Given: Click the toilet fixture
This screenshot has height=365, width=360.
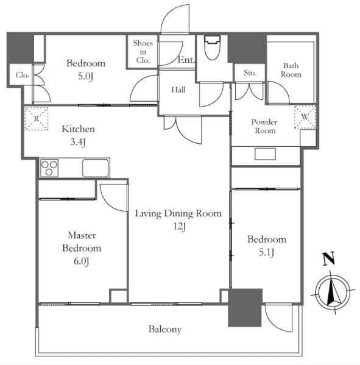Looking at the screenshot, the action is pyautogui.click(x=212, y=47).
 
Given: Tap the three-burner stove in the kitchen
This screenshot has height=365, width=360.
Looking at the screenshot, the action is pyautogui.click(x=49, y=168).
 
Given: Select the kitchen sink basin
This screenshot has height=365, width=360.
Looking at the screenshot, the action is pyautogui.click(x=96, y=168).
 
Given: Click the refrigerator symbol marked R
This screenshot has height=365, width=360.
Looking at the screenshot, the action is pyautogui.click(x=37, y=118).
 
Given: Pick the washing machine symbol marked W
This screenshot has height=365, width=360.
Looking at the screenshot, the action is pyautogui.click(x=305, y=116).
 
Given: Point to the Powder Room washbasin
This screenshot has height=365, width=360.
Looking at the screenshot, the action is pyautogui.click(x=265, y=154).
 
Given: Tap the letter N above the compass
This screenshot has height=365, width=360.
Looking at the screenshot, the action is pyautogui.click(x=329, y=258).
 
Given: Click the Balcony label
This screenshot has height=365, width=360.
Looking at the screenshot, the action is pyautogui.click(x=164, y=330).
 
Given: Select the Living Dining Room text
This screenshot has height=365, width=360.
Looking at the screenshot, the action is pyautogui.click(x=178, y=214).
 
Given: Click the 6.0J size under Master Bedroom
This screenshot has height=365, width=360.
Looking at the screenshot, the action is pyautogui.click(x=82, y=261).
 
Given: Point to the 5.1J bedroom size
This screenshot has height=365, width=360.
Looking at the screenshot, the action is pyautogui.click(x=266, y=252).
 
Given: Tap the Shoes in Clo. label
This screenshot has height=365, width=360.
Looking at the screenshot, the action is pyautogui.click(x=143, y=52).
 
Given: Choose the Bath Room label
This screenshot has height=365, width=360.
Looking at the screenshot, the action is pyautogui.click(x=291, y=70).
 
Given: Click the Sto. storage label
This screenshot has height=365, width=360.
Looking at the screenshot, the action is pyautogui.click(x=250, y=73).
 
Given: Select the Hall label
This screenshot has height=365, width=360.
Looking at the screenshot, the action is pyautogui.click(x=178, y=90).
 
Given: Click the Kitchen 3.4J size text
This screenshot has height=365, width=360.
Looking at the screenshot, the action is pyautogui.click(x=78, y=142).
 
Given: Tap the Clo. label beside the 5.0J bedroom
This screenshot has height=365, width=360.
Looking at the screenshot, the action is pyautogui.click(x=23, y=75).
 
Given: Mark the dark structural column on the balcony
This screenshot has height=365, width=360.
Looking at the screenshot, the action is pyautogui.click(x=245, y=308).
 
